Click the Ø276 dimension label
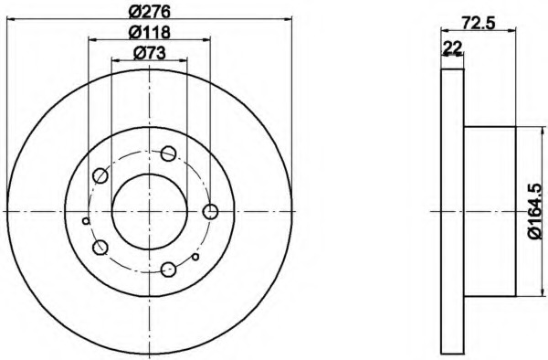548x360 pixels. pyautogui.click(x=149, y=12)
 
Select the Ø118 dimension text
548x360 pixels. pyautogui.click(x=149, y=32)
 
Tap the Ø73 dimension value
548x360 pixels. pyautogui.click(x=149, y=53)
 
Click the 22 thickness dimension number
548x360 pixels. pyautogui.click(x=452, y=48)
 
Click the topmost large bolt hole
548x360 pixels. pyautogui.click(x=168, y=154)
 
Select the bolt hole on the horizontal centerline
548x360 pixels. pyautogui.click(x=210, y=211)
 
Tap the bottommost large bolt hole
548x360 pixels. pyautogui.click(x=168, y=270)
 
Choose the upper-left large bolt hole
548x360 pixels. pyautogui.click(x=100, y=175)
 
